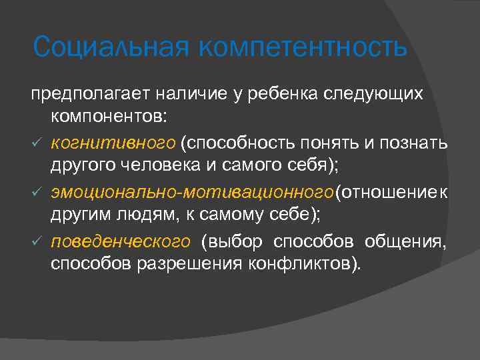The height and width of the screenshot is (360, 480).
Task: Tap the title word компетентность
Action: (301, 47)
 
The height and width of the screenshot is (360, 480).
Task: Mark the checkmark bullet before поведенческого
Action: (37, 240)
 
